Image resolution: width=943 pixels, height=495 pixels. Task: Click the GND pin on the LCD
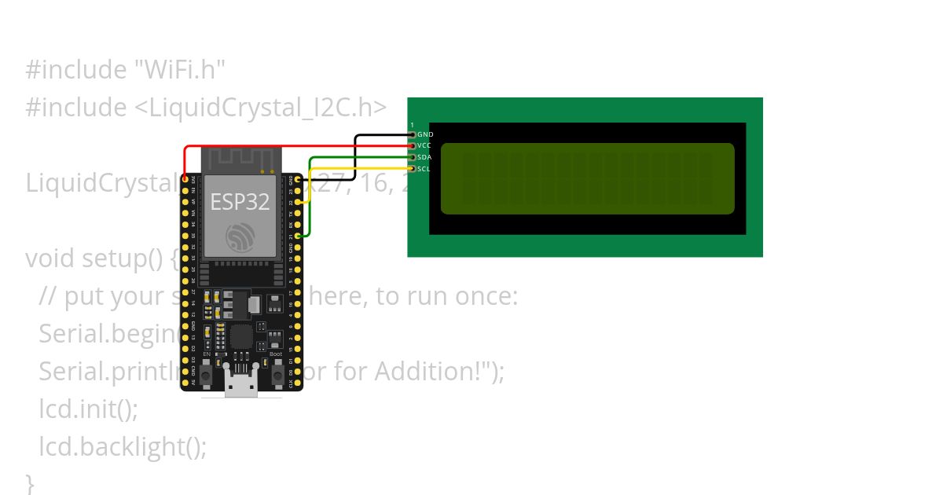413,134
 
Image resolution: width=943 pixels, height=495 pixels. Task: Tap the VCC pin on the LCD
413,145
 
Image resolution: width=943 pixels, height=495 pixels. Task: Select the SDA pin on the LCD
413,157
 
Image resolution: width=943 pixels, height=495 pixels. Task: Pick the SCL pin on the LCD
413,168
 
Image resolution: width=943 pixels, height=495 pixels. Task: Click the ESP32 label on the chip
240,202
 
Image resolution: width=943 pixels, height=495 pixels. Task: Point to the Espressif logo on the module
240,236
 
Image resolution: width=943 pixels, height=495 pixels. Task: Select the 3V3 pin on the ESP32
185,180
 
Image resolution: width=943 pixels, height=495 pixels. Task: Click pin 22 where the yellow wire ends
298,203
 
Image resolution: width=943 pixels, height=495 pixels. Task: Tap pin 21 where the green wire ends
298,236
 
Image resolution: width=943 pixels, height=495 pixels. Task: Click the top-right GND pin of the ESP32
298,180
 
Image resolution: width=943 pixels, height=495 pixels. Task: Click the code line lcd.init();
88,409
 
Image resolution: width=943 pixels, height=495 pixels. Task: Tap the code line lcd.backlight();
123,446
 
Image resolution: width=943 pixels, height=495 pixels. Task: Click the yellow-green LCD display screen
587,178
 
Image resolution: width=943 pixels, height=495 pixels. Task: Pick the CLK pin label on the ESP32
290,383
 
